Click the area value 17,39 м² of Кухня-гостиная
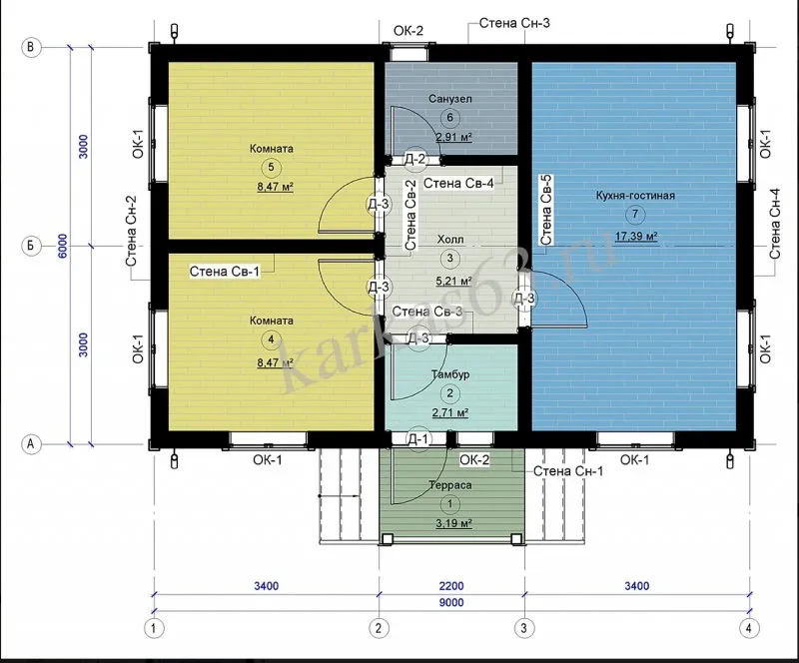point(636,236)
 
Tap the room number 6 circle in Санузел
point(450,118)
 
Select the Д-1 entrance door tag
point(418,438)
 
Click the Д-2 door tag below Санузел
point(414,160)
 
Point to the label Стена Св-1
point(224,272)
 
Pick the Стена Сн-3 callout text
point(514,23)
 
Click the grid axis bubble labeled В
point(31,47)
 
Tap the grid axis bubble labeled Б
point(31,246)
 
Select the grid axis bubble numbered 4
point(748,628)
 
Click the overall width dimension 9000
point(451,603)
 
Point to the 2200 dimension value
point(451,586)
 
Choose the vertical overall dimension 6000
point(62,246)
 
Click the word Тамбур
point(450,374)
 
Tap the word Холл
point(450,239)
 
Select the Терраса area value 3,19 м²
point(453,523)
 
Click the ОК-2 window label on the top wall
point(408,31)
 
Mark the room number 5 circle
point(271,167)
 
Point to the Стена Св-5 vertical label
point(545,210)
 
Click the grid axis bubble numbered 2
point(379,628)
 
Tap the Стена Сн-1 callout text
point(568,471)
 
